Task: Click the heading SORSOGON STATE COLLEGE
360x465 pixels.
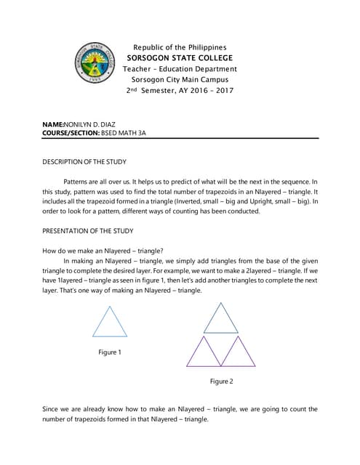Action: [x=180, y=58]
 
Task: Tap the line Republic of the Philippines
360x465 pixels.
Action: [x=180, y=47]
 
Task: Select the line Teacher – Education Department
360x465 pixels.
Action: [x=180, y=69]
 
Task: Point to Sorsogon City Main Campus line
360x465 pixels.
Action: [x=180, y=80]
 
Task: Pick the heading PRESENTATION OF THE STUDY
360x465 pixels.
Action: [x=88, y=232]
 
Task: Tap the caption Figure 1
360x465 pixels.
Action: [x=110, y=352]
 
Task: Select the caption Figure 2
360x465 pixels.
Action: [x=221, y=381]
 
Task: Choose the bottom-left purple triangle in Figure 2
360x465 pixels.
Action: [x=204, y=352]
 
